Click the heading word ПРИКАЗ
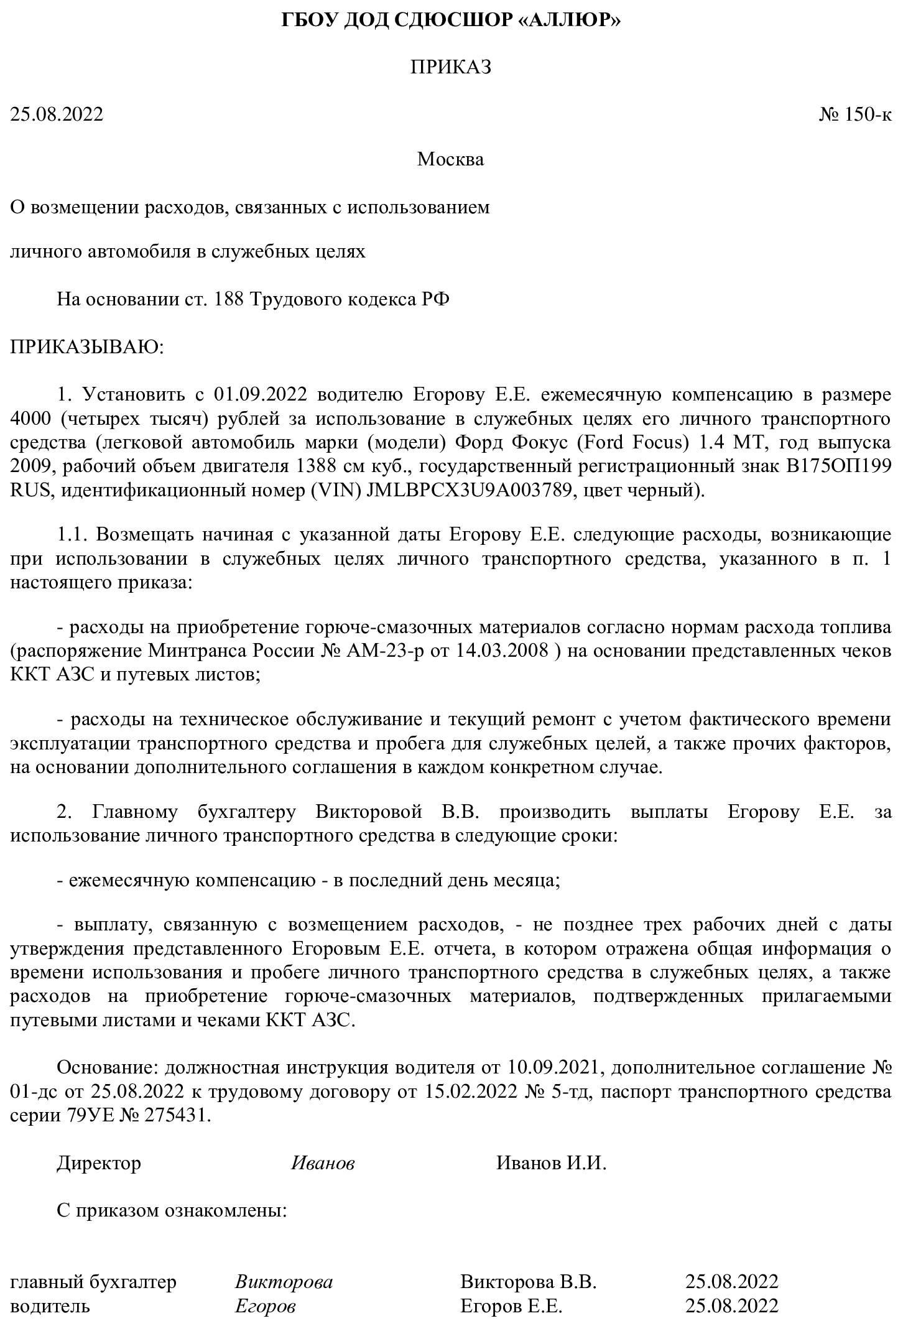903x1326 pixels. pos(451,67)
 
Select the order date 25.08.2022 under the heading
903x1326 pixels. pos(57,114)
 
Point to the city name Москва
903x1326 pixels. pos(450,159)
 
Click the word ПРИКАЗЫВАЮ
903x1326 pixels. pos(86,346)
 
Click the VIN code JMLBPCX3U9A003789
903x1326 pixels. pos(470,490)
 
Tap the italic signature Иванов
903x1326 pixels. pos(323,1163)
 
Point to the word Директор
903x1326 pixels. pos(99,1163)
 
